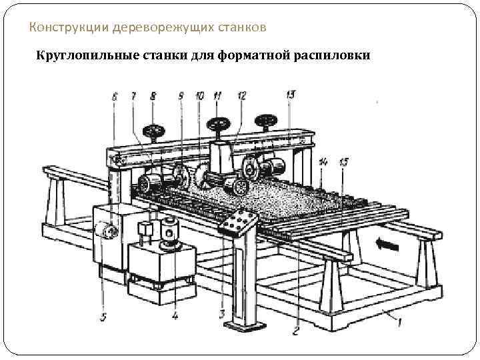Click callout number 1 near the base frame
coord(399,325)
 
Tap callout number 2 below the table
coord(297,328)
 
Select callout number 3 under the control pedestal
coord(222,313)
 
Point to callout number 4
coord(175,316)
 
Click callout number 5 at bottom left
coord(103,318)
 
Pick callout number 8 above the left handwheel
coord(153,97)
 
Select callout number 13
coord(290,94)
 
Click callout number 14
coord(323,161)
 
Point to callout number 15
coord(343,161)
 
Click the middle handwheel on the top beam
coord(217,124)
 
